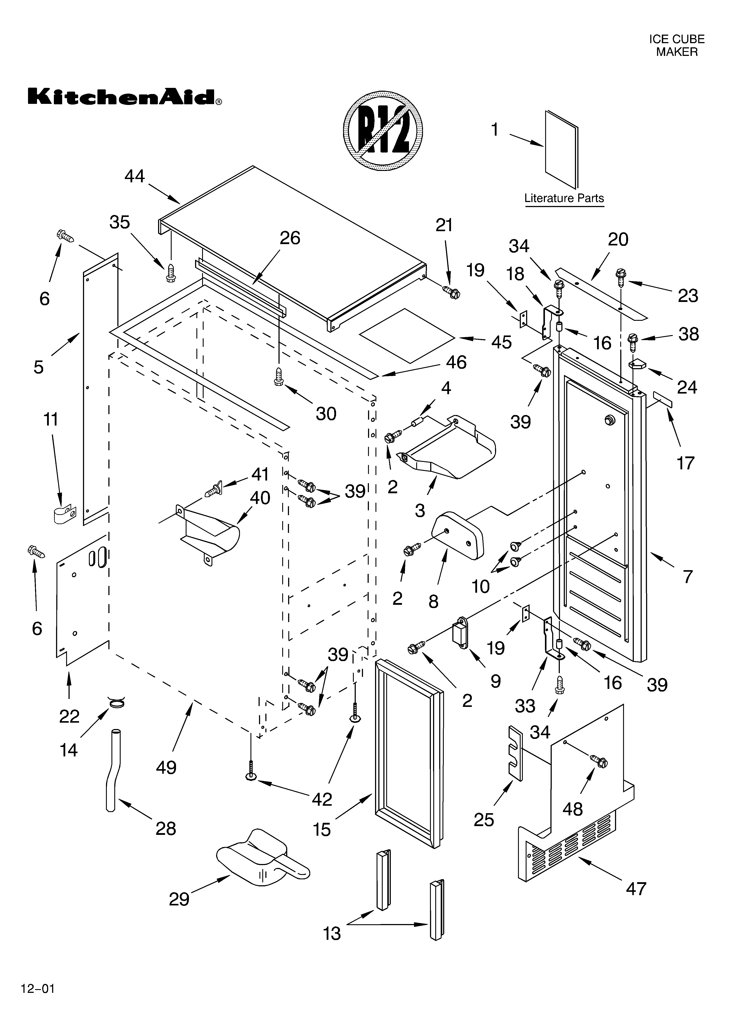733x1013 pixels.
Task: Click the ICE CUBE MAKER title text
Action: coord(676,46)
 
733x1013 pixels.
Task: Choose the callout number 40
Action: coord(260,498)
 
